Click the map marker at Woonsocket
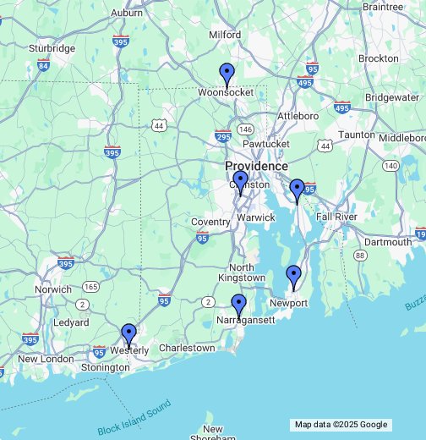click(226, 74)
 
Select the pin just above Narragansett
click(239, 305)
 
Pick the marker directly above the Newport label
click(293, 276)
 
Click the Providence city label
click(256, 166)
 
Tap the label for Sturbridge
click(52, 48)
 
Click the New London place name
click(46, 359)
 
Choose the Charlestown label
click(187, 348)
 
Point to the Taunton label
click(356, 135)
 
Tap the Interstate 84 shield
click(42, 65)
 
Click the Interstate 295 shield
click(223, 135)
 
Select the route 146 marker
click(245, 129)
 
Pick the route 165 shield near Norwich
click(91, 287)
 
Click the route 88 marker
click(360, 256)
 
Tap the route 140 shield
click(390, 166)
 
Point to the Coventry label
click(210, 222)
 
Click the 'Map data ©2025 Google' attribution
click(341, 425)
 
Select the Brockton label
click(378, 58)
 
